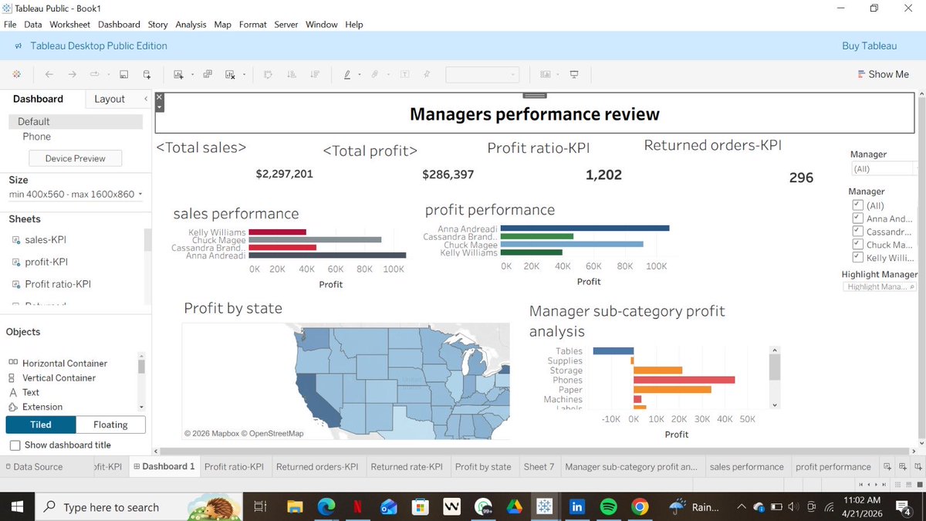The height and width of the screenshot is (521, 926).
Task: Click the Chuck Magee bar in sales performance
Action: pos(315,240)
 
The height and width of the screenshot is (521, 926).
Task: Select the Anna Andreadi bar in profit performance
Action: pos(584,228)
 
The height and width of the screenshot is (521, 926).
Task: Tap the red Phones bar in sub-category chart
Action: pos(684,380)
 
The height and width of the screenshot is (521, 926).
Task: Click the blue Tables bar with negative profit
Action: pos(613,351)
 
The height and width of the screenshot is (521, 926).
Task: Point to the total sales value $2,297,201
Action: pos(284,174)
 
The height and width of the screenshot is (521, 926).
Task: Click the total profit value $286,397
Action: pos(448,175)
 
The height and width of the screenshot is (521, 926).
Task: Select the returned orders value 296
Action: pos(801,178)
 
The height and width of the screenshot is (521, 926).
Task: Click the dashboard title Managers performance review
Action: pos(534,115)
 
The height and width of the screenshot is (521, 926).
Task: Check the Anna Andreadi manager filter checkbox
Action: pos(857,219)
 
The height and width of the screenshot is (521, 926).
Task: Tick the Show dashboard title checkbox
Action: pos(15,445)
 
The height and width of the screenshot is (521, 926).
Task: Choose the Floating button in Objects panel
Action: pos(110,425)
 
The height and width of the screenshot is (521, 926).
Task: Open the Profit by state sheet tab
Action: pos(482,467)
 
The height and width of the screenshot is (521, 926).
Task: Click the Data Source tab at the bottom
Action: pos(37,467)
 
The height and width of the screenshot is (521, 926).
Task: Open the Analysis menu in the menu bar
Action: pos(191,25)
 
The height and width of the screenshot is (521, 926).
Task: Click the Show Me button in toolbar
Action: pos(883,74)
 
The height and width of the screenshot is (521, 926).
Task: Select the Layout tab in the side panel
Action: pos(110,99)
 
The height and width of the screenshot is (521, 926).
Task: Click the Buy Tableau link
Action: pos(869,46)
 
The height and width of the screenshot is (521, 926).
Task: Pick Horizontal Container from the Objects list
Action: pos(64,364)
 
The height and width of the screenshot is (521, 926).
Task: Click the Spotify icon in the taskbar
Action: pos(608,507)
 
